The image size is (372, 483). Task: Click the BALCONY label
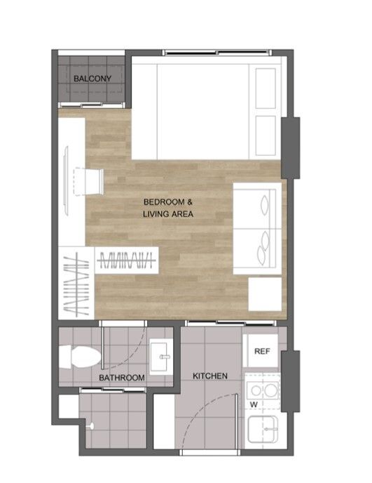tap(92, 79)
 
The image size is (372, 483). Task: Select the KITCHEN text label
tap(210, 376)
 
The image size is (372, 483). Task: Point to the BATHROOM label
tap(122, 378)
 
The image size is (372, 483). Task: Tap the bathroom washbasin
tap(161, 357)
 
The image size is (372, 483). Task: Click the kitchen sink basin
tap(263, 429)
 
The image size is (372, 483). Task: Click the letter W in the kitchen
tap(254, 404)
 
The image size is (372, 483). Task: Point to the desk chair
tap(88, 181)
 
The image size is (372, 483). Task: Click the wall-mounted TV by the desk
tap(66, 180)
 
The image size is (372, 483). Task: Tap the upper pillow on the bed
tap(266, 88)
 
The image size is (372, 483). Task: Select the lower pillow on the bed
tap(266, 135)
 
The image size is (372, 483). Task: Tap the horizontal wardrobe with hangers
tap(126, 260)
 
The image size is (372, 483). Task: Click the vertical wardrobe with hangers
tap(76, 284)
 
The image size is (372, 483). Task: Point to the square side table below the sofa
tap(265, 294)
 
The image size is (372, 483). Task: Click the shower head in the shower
tap(91, 426)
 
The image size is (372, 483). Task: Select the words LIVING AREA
tap(168, 214)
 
